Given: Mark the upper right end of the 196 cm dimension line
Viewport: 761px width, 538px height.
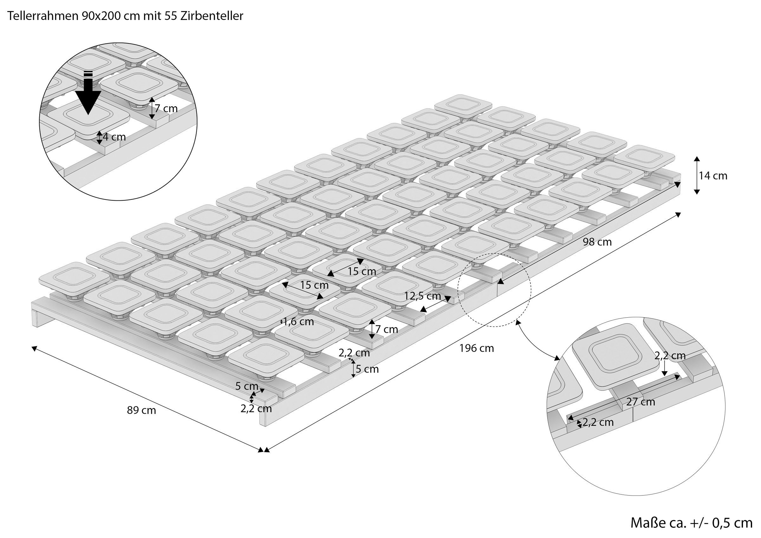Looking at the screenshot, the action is (x=681, y=213).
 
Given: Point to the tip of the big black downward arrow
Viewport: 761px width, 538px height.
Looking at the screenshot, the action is (x=88, y=115).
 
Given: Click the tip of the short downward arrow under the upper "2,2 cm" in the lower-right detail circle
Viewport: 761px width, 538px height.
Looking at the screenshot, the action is (x=665, y=376).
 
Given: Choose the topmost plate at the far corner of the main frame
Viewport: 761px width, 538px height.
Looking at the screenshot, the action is (x=463, y=107).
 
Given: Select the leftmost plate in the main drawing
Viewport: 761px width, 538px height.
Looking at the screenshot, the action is (x=74, y=279).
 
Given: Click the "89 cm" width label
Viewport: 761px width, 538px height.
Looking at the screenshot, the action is (x=141, y=410).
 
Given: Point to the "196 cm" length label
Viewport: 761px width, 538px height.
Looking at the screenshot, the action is (x=477, y=348).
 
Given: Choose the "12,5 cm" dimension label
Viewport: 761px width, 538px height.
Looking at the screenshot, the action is (x=423, y=296).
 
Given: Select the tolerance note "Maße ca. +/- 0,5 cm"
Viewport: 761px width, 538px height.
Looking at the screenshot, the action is (x=691, y=523).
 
